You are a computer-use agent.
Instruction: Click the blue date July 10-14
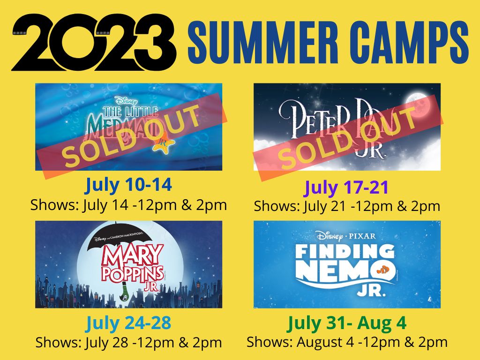click(x=128, y=185)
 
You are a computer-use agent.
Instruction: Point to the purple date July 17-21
click(x=346, y=187)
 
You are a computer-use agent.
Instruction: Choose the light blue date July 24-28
click(x=128, y=322)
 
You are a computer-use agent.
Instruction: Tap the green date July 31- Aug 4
click(x=347, y=322)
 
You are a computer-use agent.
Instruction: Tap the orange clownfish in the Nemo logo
click(x=383, y=270)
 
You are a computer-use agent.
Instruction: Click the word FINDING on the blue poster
click(x=345, y=252)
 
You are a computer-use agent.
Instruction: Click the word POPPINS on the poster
click(x=132, y=274)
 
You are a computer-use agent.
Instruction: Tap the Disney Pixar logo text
click(x=346, y=236)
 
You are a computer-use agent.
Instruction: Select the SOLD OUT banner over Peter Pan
click(x=348, y=137)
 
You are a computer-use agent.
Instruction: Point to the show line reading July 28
click(x=128, y=343)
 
